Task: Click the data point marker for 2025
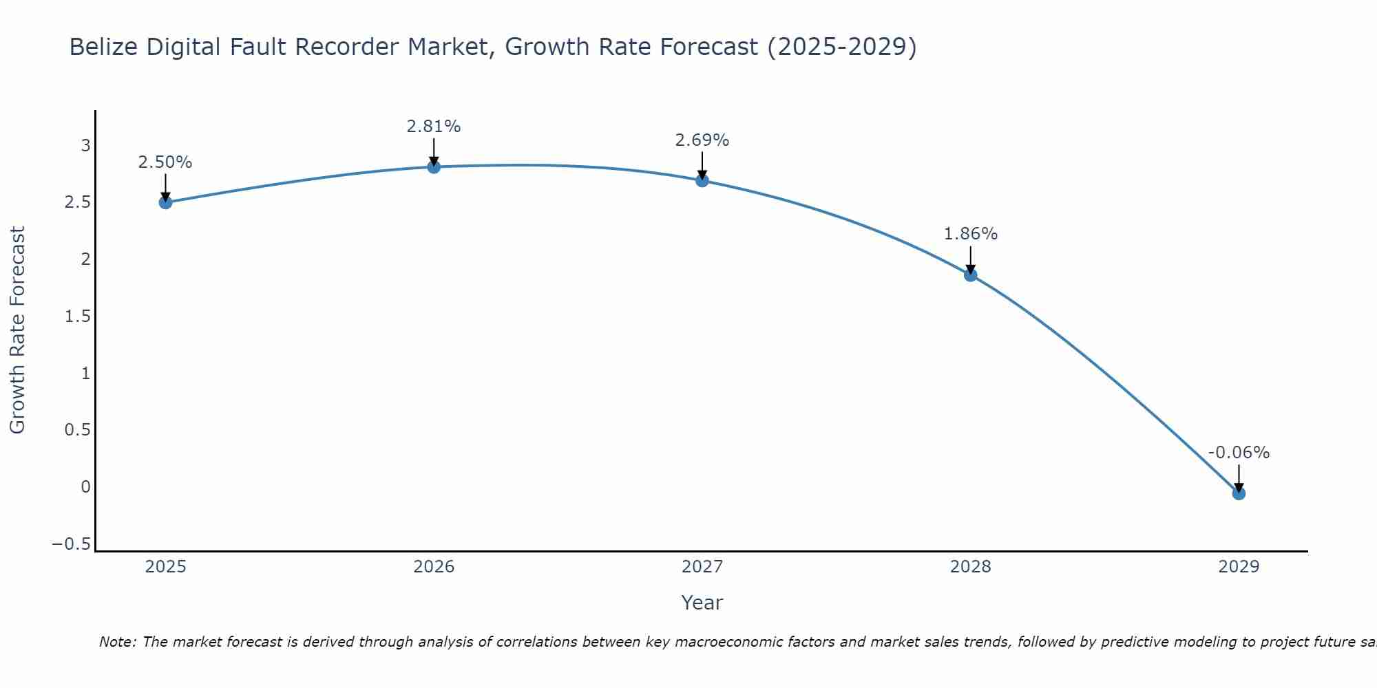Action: click(x=165, y=202)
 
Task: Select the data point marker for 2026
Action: click(x=434, y=167)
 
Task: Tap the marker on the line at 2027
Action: click(x=702, y=181)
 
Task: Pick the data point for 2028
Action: click(x=970, y=275)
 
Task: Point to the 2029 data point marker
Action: click(x=1239, y=493)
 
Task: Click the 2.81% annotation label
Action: click(x=434, y=127)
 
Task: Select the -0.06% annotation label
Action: click(x=1239, y=453)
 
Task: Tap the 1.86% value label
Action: click(x=970, y=234)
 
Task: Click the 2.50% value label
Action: click(x=165, y=162)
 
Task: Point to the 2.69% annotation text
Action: click(x=702, y=140)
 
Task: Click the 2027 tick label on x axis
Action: click(x=702, y=567)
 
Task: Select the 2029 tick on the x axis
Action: click(x=1239, y=567)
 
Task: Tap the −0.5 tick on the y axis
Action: click(x=71, y=544)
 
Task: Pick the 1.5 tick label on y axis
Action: click(x=78, y=316)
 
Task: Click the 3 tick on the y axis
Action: click(x=86, y=145)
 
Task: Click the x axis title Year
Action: click(x=702, y=603)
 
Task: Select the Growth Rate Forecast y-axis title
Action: click(x=17, y=330)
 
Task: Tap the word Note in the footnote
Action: click(x=116, y=642)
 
